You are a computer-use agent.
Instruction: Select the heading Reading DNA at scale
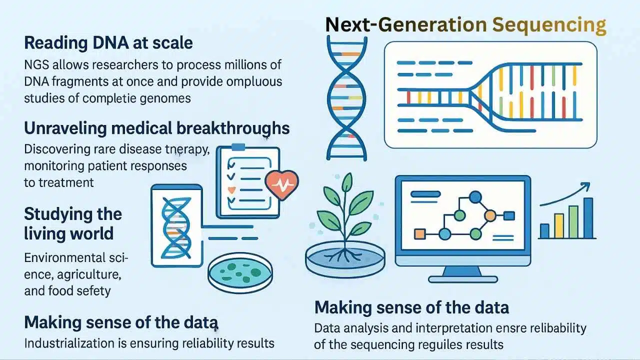(108, 43)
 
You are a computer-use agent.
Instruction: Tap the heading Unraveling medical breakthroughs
(156, 128)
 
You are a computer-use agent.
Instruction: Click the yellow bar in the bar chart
(559, 226)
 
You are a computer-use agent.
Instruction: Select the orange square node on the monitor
(419, 233)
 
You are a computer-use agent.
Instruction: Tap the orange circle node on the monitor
(490, 215)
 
